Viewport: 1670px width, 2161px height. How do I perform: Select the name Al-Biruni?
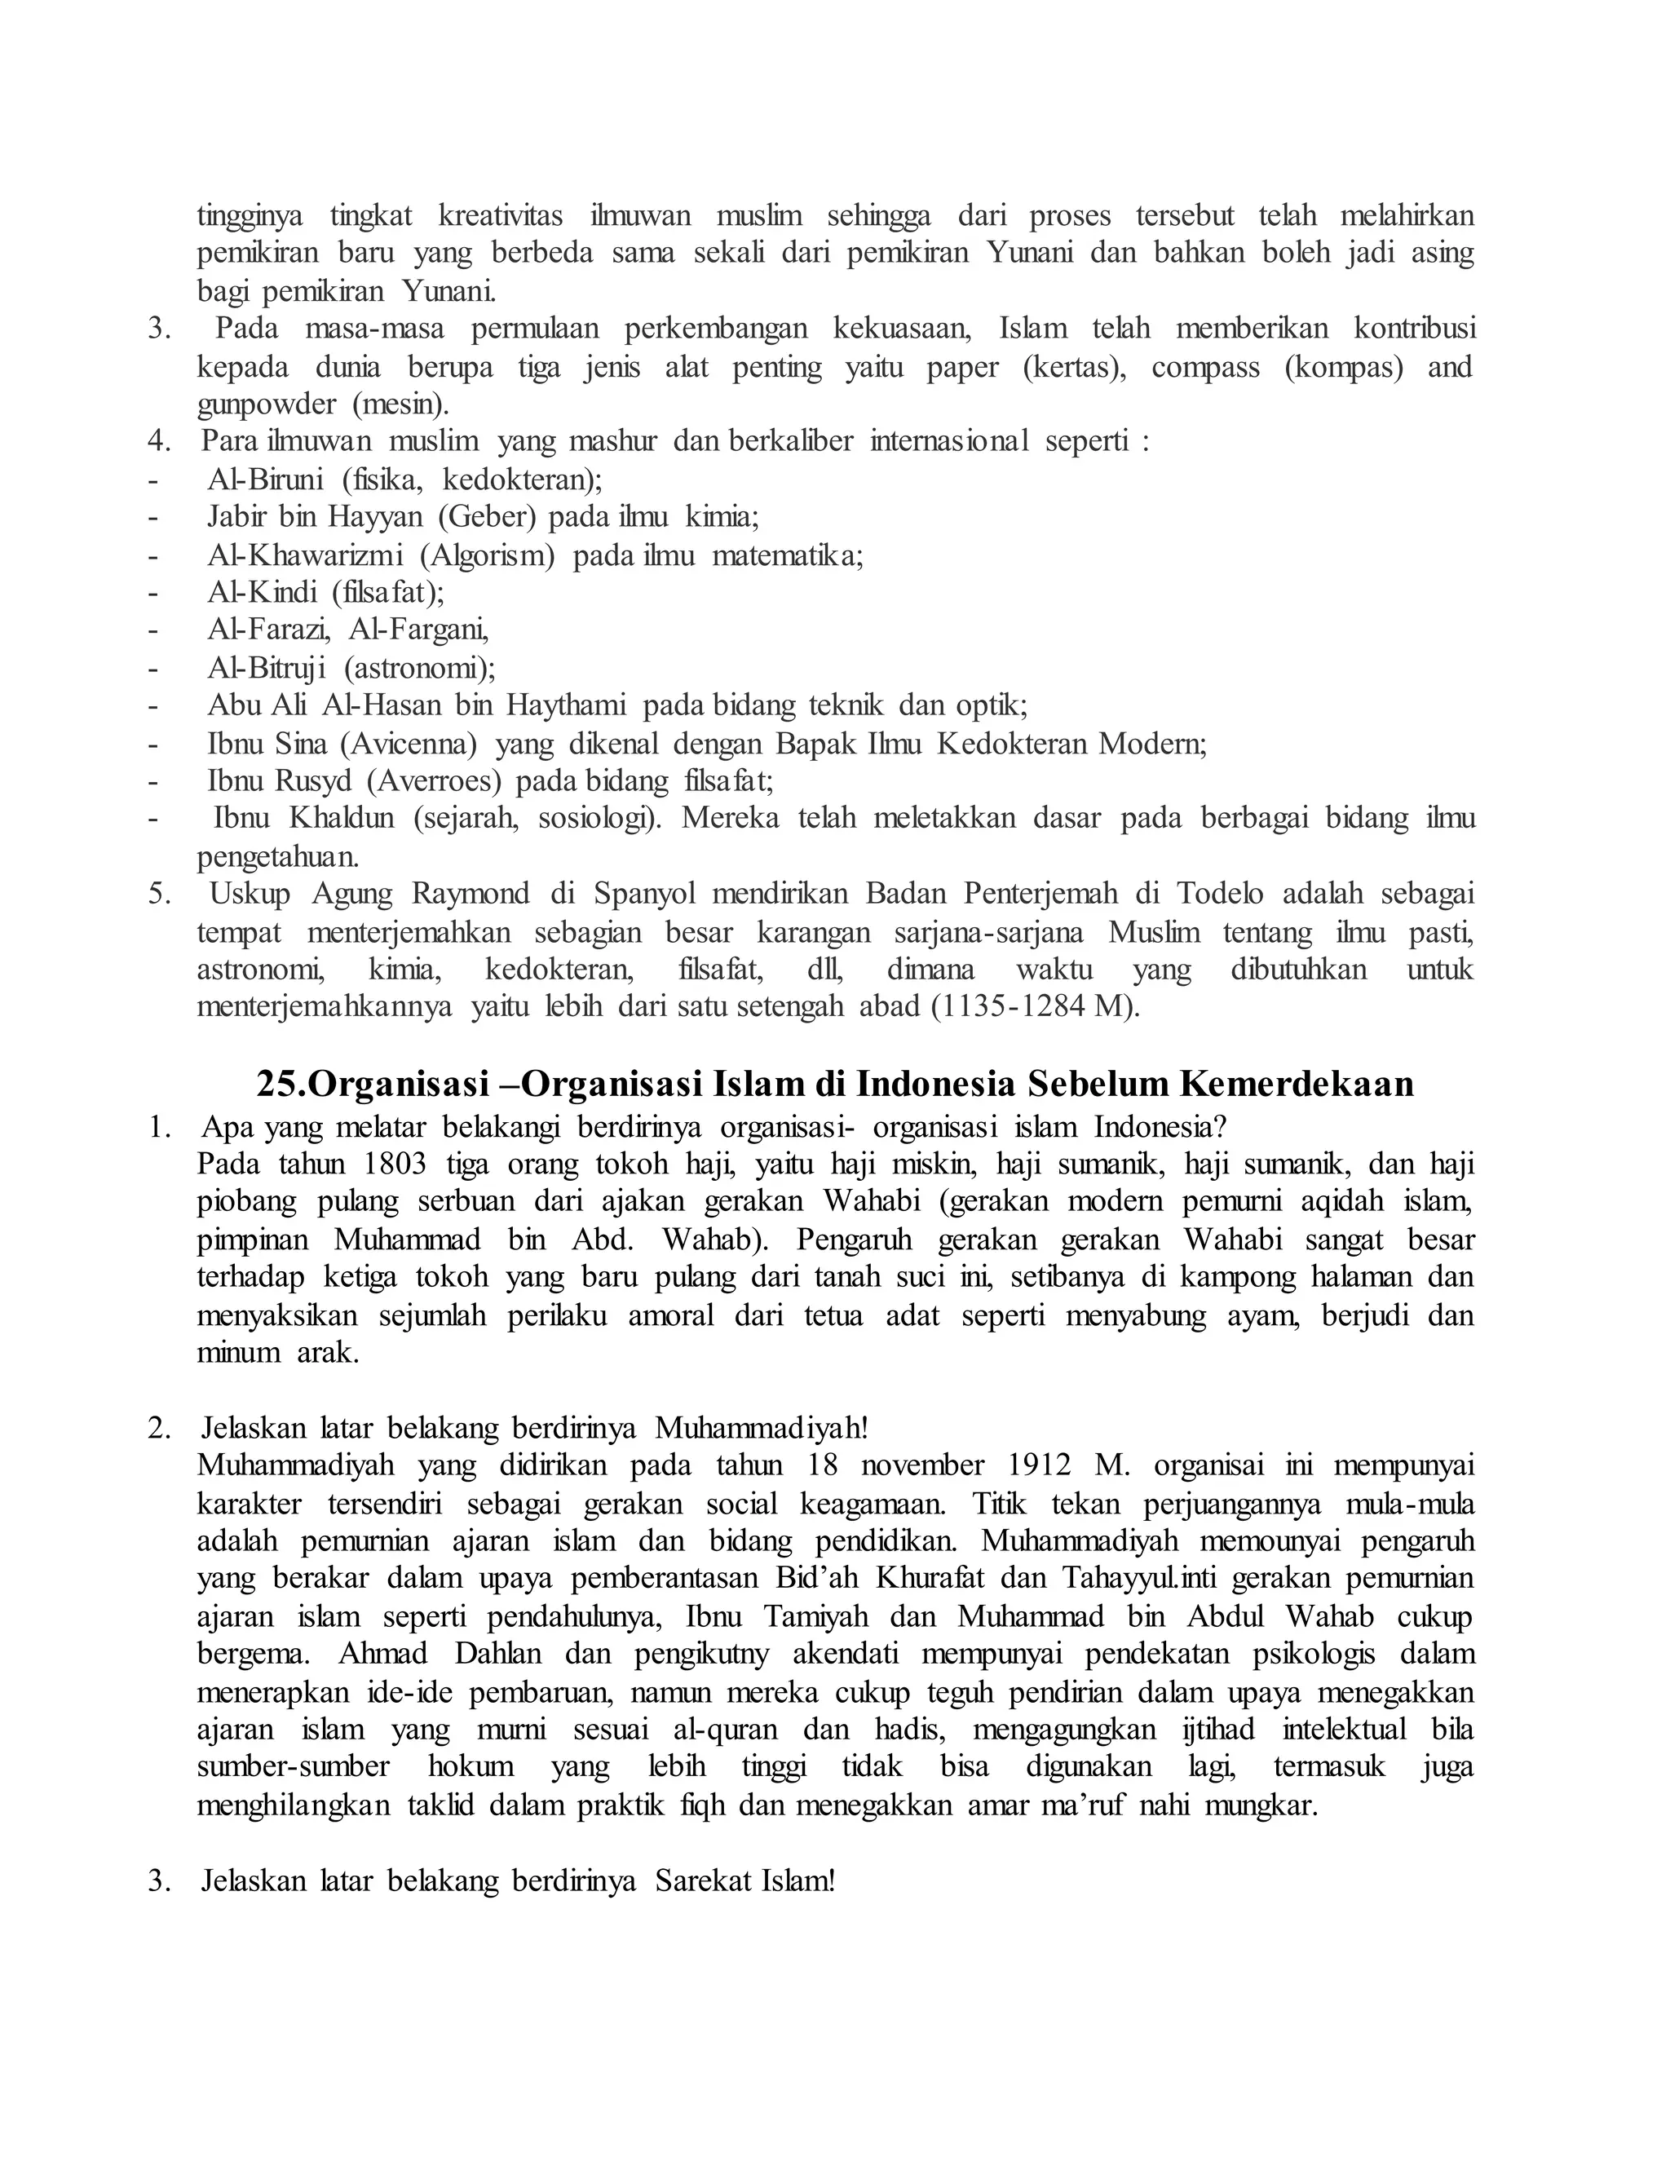265,479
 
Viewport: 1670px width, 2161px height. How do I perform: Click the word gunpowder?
267,404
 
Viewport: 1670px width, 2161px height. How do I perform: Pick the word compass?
1205,367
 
